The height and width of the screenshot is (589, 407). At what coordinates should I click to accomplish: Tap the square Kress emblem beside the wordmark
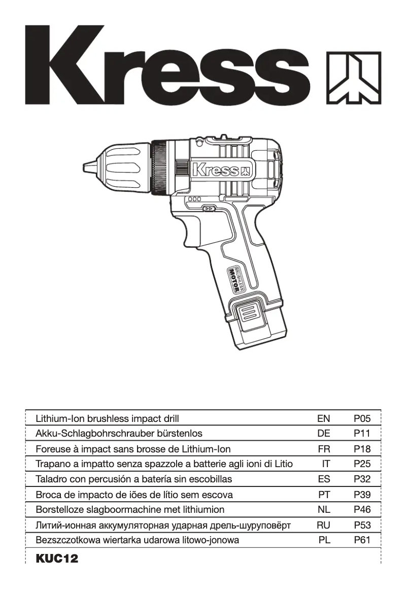[x=353, y=77]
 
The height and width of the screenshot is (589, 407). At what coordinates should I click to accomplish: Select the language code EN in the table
[x=323, y=419]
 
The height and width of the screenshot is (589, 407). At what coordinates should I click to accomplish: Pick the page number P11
[x=362, y=434]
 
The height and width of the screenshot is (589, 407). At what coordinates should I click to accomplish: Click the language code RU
[x=323, y=525]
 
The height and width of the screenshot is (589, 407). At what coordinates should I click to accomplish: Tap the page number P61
[x=362, y=540]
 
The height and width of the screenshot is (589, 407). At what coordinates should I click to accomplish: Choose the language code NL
[x=323, y=510]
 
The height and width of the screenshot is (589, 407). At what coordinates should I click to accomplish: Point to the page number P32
[x=362, y=479]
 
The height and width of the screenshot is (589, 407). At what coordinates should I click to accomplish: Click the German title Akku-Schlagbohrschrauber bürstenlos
[x=119, y=434]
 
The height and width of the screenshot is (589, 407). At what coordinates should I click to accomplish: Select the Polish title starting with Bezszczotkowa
[x=137, y=540]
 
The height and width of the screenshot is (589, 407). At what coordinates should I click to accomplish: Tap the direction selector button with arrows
[x=209, y=208]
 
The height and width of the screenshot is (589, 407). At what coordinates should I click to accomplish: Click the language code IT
[x=325, y=464]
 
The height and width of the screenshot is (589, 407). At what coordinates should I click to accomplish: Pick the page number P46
[x=362, y=510]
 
